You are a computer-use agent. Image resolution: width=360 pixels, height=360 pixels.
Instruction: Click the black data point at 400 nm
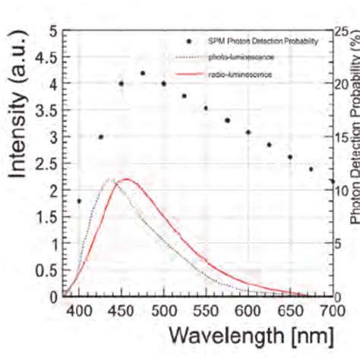79,201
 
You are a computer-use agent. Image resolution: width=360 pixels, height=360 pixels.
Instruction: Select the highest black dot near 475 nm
143,73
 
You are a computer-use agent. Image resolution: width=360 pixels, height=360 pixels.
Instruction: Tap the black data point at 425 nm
100,137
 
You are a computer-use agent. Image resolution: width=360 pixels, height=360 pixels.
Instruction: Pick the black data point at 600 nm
248,132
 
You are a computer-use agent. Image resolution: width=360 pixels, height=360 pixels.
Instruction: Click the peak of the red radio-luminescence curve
126,179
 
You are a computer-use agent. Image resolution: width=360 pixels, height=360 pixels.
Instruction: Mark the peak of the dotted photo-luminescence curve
109,180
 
